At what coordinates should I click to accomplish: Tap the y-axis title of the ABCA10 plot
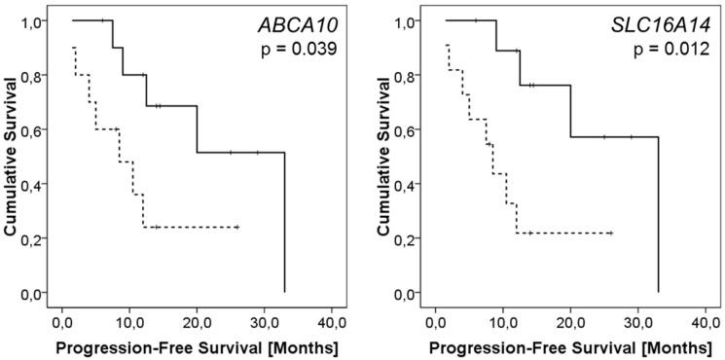tap(12, 156)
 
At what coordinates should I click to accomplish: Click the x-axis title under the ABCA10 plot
tap(197, 346)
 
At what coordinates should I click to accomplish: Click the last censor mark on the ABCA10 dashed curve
tap(236, 227)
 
